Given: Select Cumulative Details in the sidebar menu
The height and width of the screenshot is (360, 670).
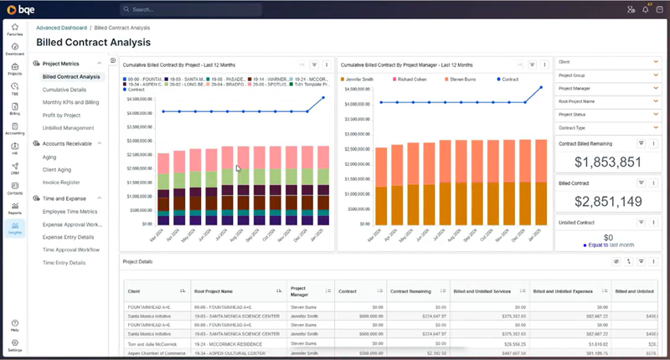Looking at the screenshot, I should click(64, 89).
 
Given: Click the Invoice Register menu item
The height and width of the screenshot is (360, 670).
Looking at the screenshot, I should click(60, 181).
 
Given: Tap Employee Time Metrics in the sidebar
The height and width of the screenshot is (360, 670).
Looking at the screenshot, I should click(70, 212).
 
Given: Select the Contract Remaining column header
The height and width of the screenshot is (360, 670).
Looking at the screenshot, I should click(410, 291).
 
